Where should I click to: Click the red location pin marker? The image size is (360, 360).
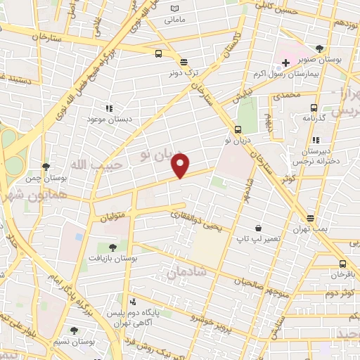181,166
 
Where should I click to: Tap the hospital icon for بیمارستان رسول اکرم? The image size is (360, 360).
285,63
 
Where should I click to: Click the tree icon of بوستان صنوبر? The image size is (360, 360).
320,49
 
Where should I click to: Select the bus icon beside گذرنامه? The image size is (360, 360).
314,108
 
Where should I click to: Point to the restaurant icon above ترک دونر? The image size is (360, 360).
183,62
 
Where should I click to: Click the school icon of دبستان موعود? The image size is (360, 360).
109,108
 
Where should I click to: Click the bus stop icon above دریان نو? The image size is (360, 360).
238,129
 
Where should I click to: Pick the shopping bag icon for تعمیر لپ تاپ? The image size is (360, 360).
259,228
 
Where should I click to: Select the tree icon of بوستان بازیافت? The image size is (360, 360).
112,247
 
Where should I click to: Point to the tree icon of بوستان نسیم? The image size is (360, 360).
74,330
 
